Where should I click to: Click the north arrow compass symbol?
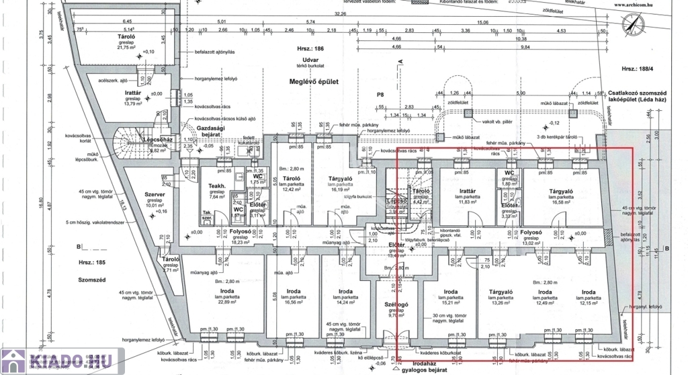coord(632,25)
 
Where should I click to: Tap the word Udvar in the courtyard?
coord(310,59)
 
